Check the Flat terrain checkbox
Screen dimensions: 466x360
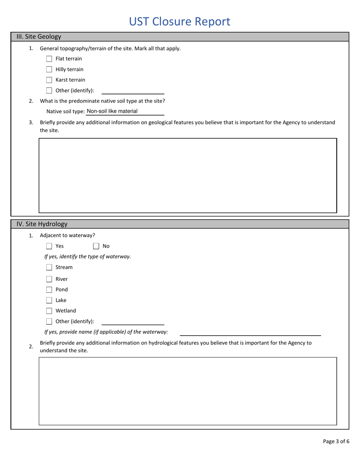(x=49, y=59)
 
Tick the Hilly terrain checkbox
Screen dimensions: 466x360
(x=49, y=69)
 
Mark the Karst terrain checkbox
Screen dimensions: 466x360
(x=49, y=80)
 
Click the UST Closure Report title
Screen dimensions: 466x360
(x=180, y=22)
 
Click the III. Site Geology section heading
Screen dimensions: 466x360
(x=39, y=37)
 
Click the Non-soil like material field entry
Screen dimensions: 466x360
(x=113, y=111)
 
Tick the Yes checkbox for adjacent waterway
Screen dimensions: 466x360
(x=49, y=246)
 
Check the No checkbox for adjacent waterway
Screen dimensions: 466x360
(x=96, y=246)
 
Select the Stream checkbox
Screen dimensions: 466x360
(x=49, y=267)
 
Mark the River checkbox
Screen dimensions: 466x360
(x=49, y=279)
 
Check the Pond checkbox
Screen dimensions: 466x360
(x=49, y=290)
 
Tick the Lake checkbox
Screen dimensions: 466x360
(x=49, y=300)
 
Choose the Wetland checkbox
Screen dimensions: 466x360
(x=49, y=311)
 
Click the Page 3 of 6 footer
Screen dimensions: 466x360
(x=336, y=441)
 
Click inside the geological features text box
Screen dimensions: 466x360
(x=188, y=175)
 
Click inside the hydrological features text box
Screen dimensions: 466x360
(x=188, y=391)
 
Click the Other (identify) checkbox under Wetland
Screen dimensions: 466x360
(x=49, y=322)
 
